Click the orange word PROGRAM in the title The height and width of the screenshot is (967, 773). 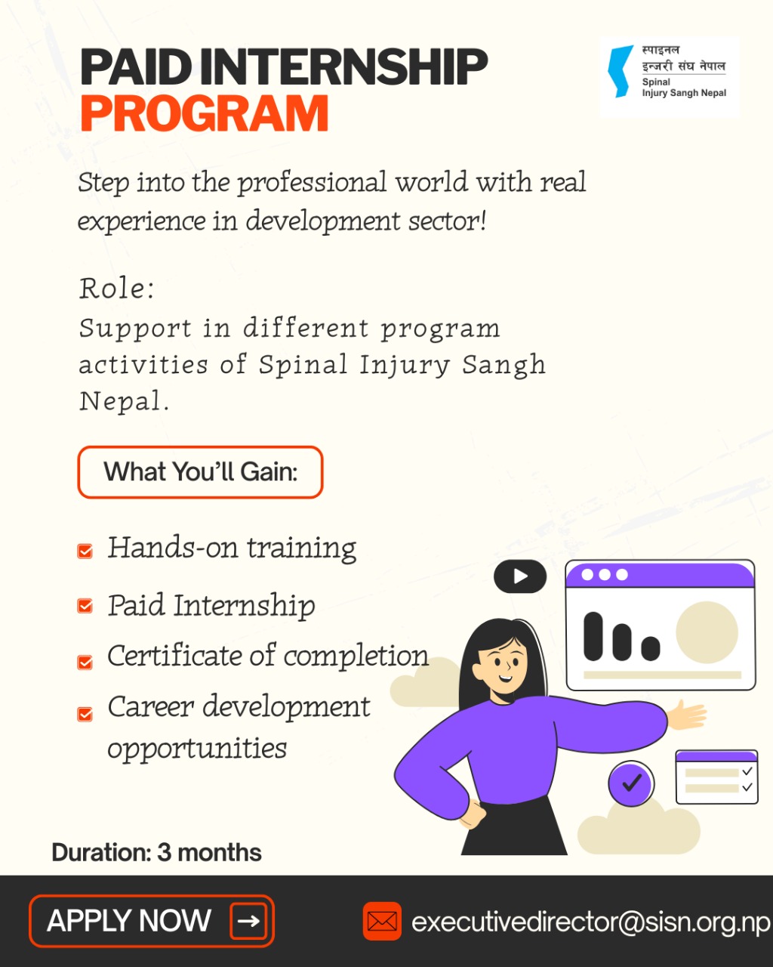point(205,113)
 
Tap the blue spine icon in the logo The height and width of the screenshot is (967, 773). point(621,72)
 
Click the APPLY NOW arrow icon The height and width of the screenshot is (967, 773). point(248,921)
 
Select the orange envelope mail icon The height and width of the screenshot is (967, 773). point(382,921)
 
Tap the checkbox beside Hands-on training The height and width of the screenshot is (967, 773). point(85,551)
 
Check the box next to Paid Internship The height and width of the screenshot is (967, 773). point(85,606)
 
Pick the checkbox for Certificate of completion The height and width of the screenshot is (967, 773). point(85,663)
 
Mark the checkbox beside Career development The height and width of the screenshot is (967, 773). point(85,714)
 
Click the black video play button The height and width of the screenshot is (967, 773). point(520,576)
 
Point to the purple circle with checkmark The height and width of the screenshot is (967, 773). point(631,783)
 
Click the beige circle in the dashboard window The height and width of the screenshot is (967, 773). point(707,632)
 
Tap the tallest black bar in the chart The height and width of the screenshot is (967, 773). point(593,636)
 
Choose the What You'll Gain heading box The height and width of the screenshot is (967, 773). point(200,472)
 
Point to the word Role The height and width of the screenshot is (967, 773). point(116,288)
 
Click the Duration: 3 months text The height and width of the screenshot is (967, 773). point(156,852)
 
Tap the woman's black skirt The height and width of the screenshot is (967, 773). point(514,826)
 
